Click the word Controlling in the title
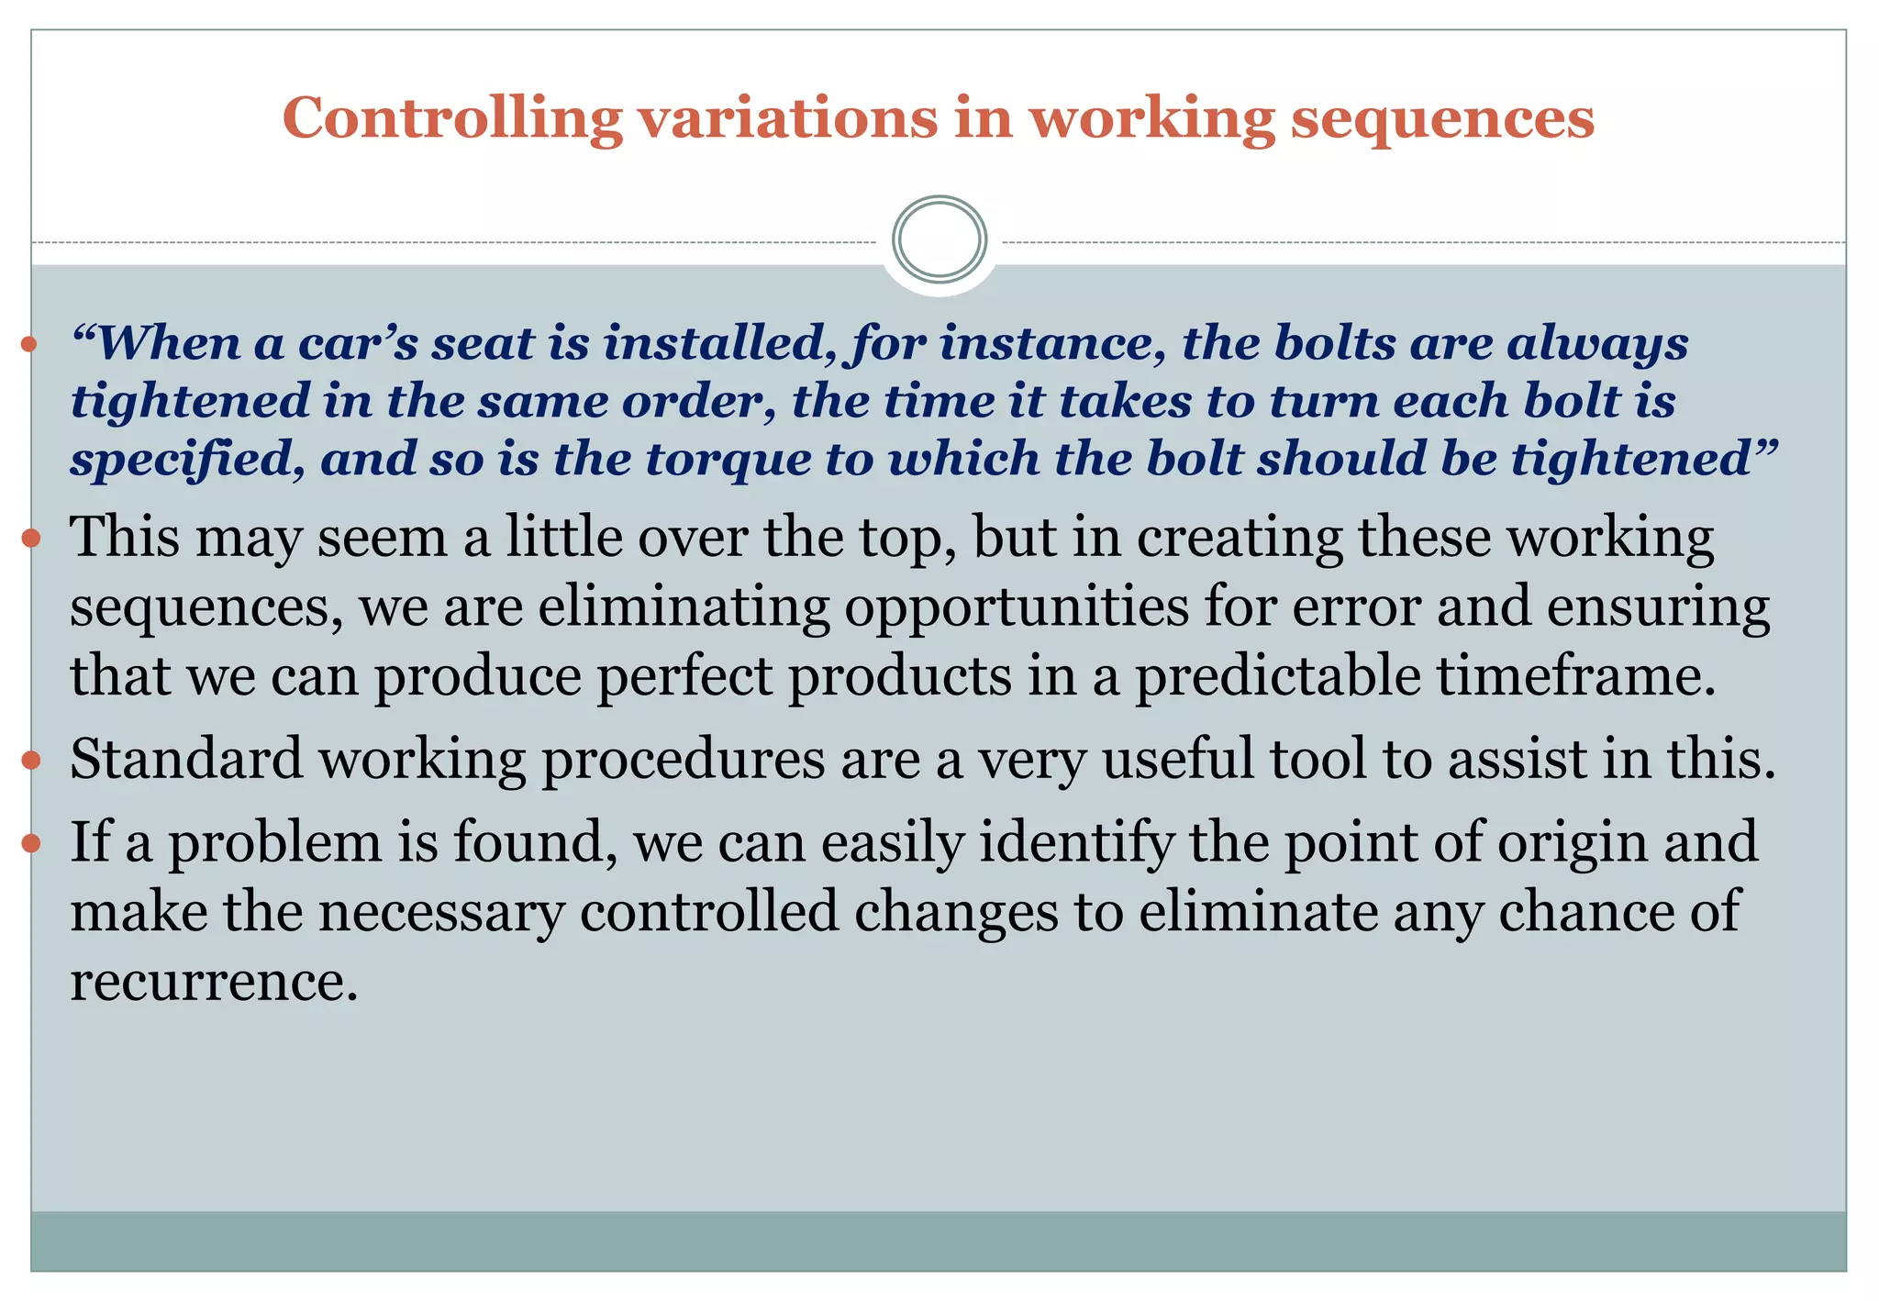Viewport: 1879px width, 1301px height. [451, 119]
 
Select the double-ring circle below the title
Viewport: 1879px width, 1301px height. [939, 239]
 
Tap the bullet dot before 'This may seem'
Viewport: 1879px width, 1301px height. [31, 538]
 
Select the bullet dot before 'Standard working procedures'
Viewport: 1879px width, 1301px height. [31, 760]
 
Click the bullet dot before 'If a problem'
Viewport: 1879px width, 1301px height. [31, 842]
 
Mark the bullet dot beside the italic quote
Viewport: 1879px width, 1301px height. [29, 345]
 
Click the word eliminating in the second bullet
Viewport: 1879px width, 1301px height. [683, 607]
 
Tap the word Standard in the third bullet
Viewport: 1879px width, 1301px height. [186, 760]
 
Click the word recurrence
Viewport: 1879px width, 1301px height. [213, 982]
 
